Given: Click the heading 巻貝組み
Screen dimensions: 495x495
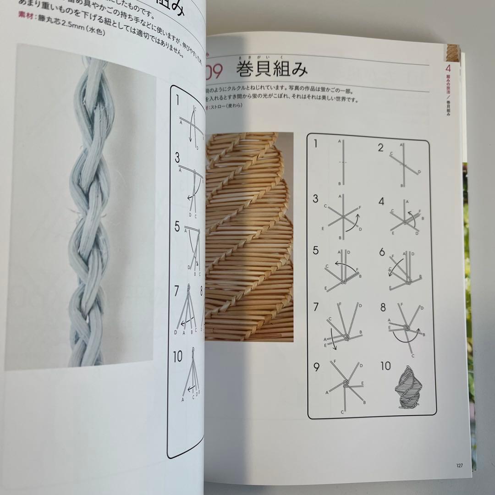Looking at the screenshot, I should [x=272, y=70].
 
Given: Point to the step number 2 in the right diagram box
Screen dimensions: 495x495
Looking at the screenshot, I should [x=380, y=148].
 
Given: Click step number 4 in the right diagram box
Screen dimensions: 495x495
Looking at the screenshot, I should [x=380, y=200].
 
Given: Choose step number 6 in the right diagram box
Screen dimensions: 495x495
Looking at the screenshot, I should [x=382, y=253].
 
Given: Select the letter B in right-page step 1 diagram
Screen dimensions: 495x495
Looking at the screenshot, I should [x=339, y=184].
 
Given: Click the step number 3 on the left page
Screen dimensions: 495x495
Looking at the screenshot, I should [x=177, y=159].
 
